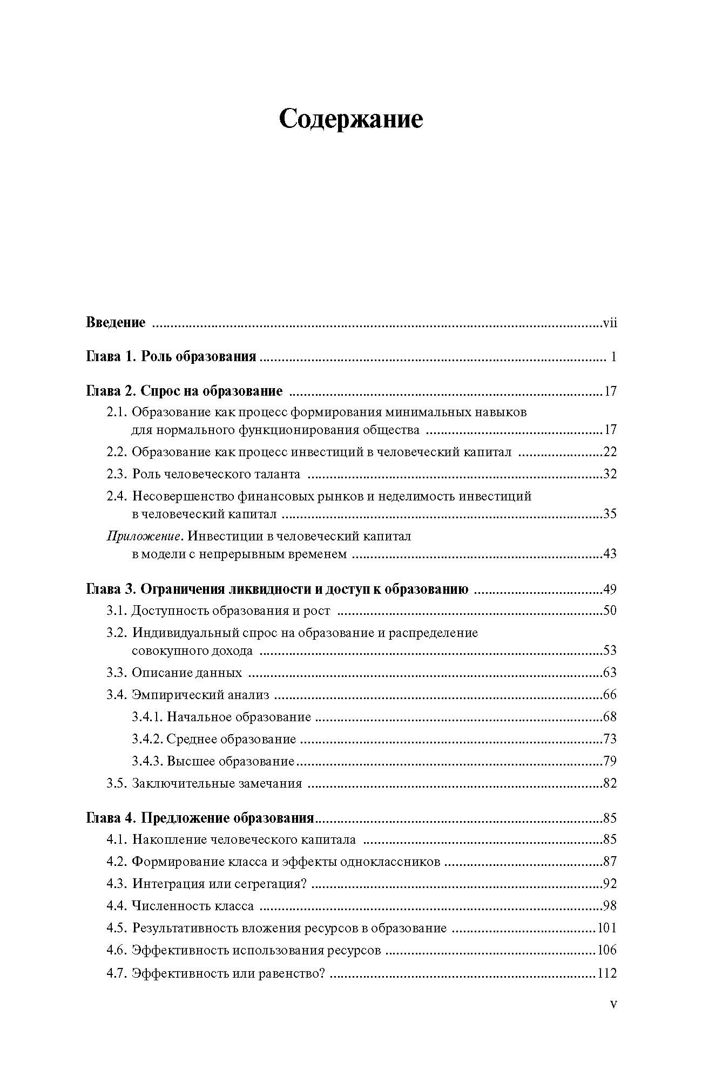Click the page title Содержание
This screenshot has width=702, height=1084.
(x=350, y=119)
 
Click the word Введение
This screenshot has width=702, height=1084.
(x=116, y=323)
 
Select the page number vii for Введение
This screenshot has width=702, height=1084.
(x=610, y=323)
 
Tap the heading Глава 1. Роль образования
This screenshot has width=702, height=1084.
(x=171, y=357)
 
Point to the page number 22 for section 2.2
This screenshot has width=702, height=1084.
(x=610, y=452)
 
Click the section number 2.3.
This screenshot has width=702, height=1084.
(x=117, y=474)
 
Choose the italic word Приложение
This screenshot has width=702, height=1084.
(x=143, y=536)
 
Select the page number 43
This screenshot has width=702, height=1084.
(x=610, y=554)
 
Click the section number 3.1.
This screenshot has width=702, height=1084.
(x=117, y=611)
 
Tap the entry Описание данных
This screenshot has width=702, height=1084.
(x=187, y=673)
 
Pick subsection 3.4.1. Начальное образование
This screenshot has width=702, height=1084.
(x=221, y=717)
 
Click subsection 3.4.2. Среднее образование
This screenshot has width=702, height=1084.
(x=214, y=739)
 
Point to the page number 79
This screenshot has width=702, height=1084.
(x=610, y=761)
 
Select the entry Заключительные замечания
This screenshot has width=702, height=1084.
(x=217, y=783)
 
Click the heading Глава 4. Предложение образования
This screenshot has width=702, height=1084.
(x=200, y=818)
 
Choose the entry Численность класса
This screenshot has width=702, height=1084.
(x=192, y=906)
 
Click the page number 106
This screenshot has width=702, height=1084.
(x=607, y=950)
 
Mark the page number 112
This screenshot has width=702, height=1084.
(x=607, y=973)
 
